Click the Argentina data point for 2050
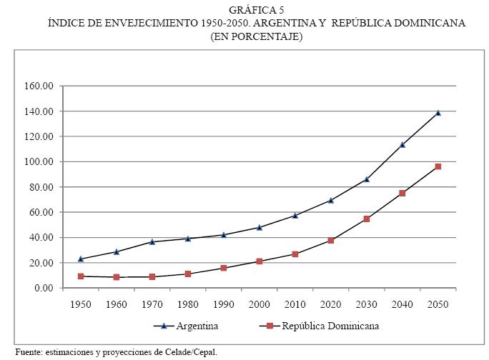coord(438,113)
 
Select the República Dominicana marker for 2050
coord(438,166)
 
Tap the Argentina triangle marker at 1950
coord(81,259)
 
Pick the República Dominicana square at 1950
coord(81,276)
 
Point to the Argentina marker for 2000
coord(260,227)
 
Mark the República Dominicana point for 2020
coord(331,240)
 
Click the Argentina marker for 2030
coord(367,179)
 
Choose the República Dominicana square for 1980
coord(188,274)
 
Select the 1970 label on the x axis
coord(152,304)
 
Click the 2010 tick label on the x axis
coord(295,304)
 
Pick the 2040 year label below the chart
coord(402,304)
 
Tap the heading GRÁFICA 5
coord(256,9)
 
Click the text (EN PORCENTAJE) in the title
coord(256,36)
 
